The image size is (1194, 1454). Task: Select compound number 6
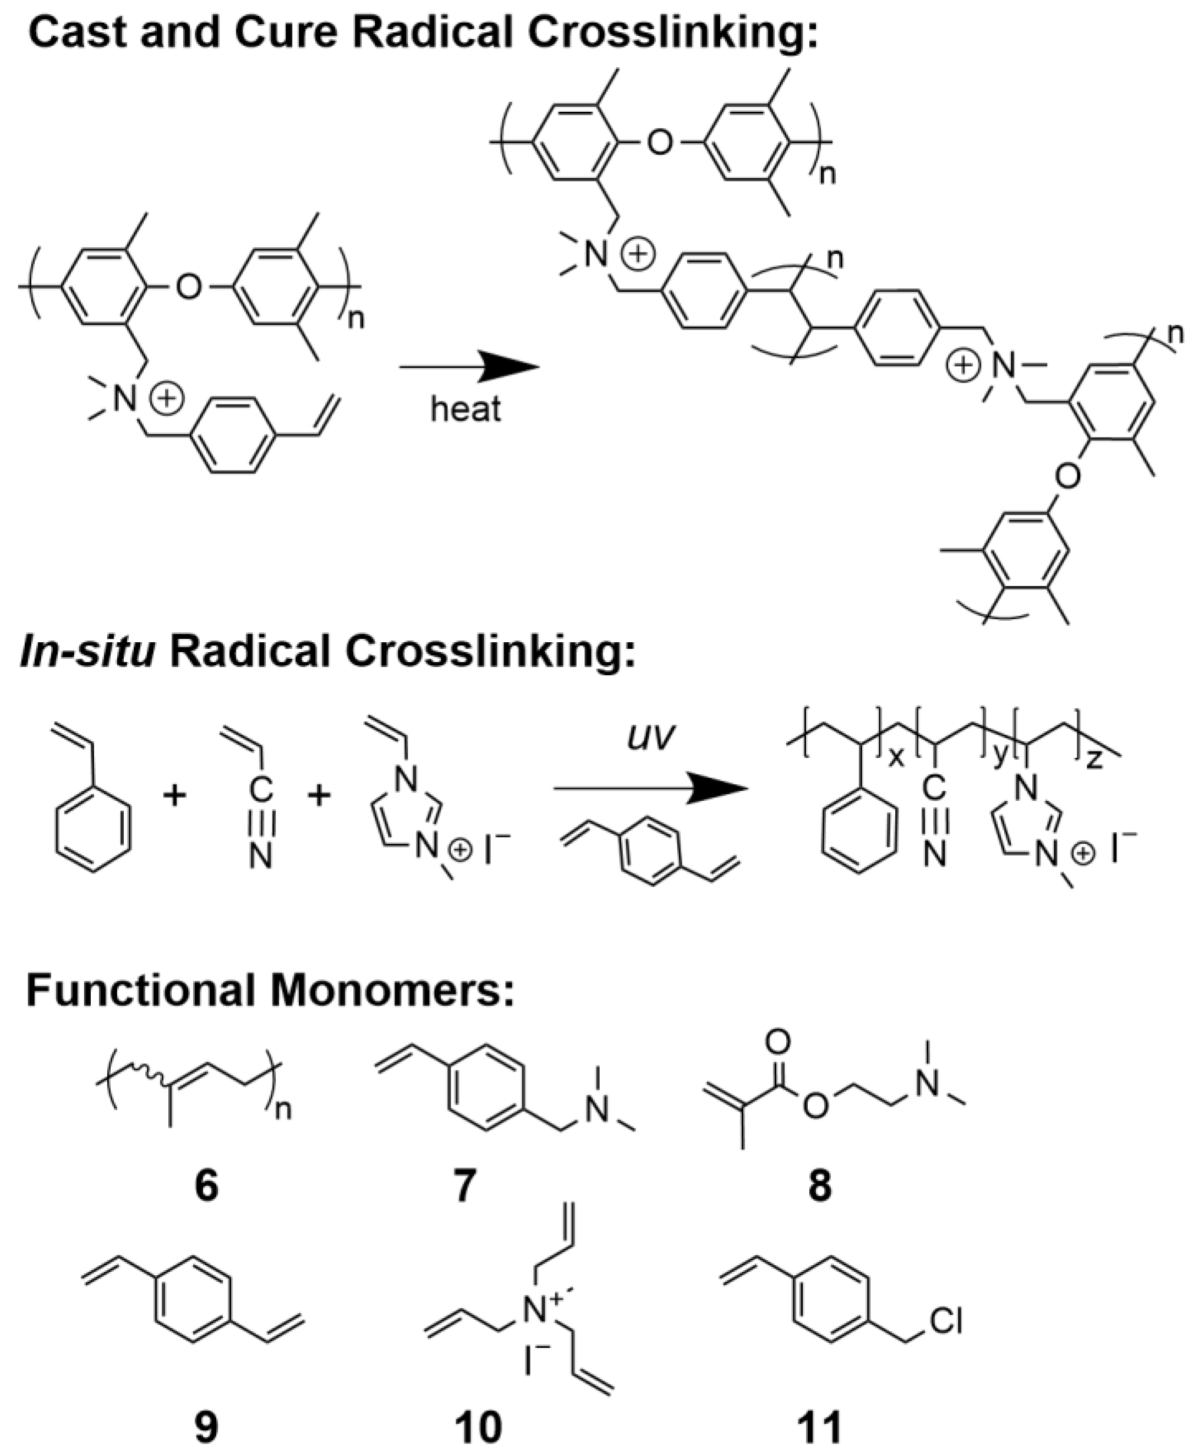(x=206, y=1185)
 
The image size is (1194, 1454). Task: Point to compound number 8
(x=819, y=1185)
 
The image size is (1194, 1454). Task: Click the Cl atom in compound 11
(x=946, y=1321)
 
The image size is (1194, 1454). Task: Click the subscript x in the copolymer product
(x=896, y=758)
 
